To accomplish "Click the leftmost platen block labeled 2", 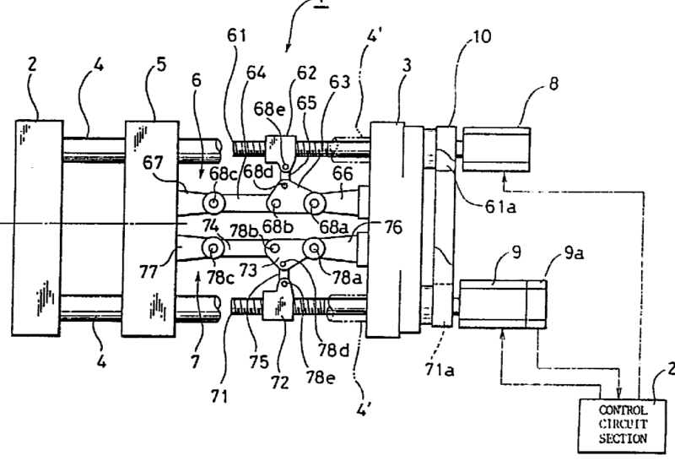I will (x=37, y=224).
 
